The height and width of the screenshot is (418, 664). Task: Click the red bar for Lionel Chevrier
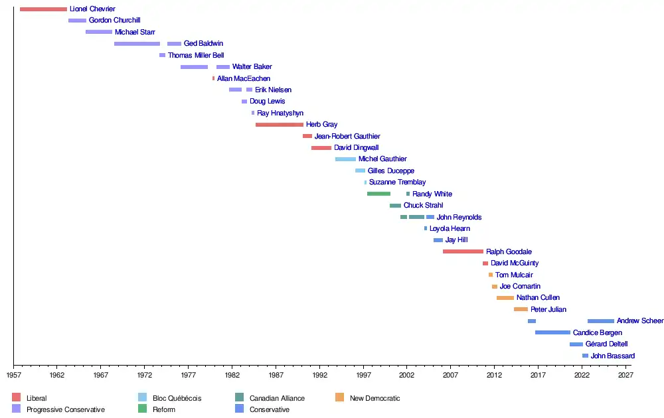(x=43, y=9)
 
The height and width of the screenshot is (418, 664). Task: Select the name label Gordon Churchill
(x=114, y=21)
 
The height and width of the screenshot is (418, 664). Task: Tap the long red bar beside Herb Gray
(x=280, y=125)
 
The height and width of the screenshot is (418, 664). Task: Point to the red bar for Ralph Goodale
(x=463, y=251)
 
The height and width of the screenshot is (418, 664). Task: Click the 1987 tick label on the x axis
(x=276, y=375)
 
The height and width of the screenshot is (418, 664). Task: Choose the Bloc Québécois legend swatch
(x=142, y=398)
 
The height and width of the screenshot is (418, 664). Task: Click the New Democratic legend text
(x=374, y=398)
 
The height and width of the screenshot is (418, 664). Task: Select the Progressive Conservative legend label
(x=66, y=409)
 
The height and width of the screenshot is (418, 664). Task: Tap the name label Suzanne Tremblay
(x=397, y=182)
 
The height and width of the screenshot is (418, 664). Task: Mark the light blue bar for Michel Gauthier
(x=345, y=159)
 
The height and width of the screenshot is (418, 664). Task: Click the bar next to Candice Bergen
(x=552, y=332)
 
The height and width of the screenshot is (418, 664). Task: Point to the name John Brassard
(x=612, y=356)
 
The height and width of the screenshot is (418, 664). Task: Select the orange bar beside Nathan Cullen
(x=505, y=298)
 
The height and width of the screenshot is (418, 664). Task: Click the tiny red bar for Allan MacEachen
(x=213, y=78)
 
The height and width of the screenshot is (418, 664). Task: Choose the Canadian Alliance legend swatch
(x=239, y=398)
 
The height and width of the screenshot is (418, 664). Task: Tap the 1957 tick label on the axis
(x=14, y=375)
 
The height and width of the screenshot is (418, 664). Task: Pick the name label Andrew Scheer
(x=639, y=321)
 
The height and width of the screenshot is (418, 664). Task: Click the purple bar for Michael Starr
(x=99, y=32)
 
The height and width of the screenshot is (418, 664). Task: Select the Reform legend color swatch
(x=142, y=409)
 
